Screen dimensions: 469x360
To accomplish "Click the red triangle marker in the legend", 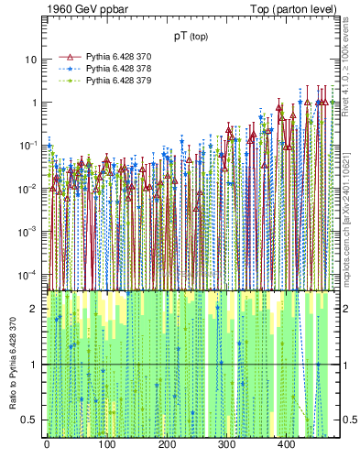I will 68,57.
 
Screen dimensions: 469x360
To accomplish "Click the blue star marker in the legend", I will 68,69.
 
